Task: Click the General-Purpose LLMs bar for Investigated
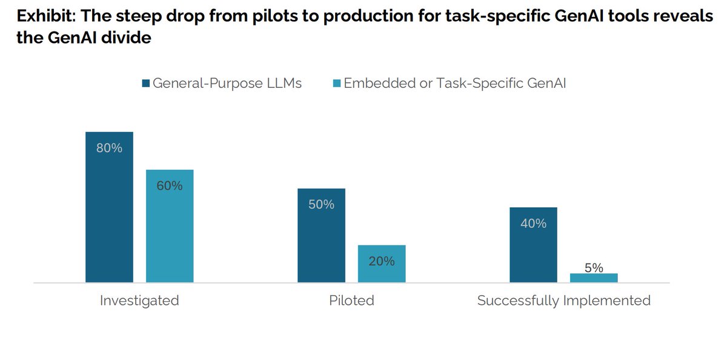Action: (109, 212)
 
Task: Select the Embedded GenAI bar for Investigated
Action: (170, 230)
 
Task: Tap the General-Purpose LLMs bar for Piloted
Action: (321, 242)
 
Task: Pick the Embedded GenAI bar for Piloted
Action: (382, 267)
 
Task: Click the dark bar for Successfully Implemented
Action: (533, 248)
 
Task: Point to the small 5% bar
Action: (594, 278)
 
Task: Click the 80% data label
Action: (109, 148)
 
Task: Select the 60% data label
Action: (170, 186)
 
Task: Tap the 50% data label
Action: (321, 205)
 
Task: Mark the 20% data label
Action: (382, 261)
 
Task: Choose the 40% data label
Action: (533, 224)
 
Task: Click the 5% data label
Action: (594, 267)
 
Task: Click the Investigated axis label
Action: (139, 301)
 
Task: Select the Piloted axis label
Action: (351, 301)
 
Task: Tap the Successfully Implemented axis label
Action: (563, 301)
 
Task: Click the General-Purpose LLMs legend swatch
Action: (145, 84)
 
